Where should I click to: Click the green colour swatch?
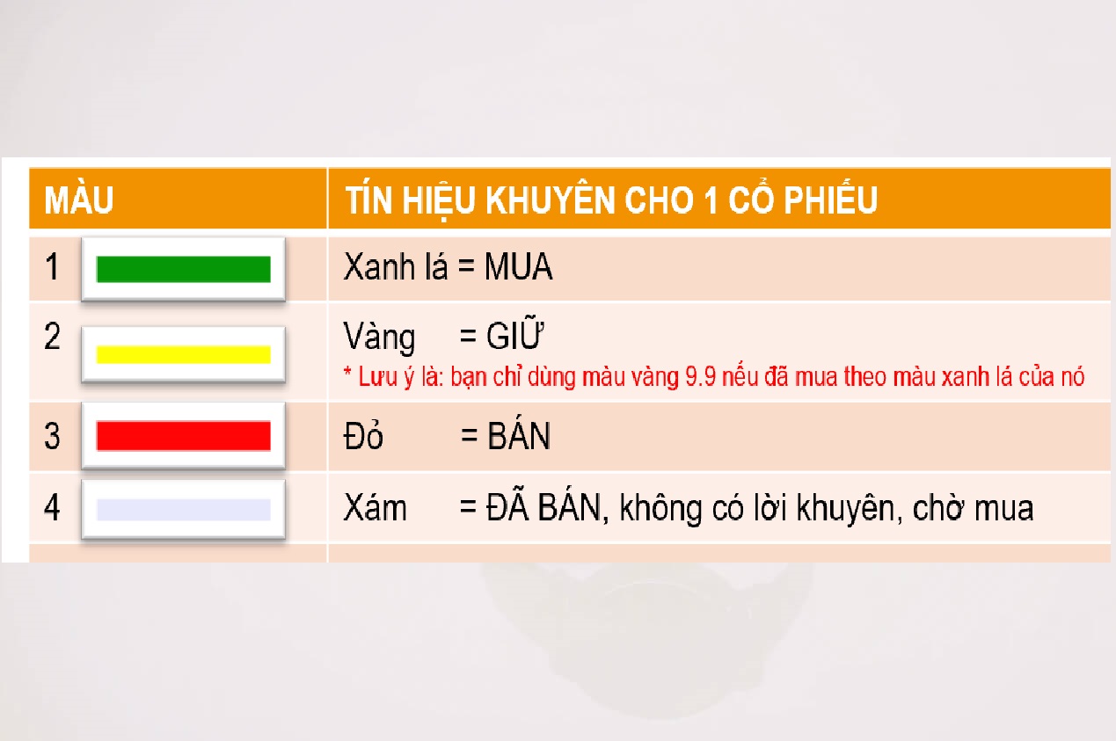click(183, 269)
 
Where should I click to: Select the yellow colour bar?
click(183, 354)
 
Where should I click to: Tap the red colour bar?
click(183, 436)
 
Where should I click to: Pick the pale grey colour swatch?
click(183, 510)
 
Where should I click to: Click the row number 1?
click(52, 266)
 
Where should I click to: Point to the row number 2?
click(52, 336)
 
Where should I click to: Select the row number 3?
click(52, 436)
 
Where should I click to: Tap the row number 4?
click(52, 507)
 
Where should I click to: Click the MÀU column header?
click(79, 200)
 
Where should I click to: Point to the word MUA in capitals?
click(518, 267)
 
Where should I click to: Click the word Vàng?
click(379, 338)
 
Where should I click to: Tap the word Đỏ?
click(363, 435)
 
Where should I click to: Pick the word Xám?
click(376, 507)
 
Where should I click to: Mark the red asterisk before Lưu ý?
click(347, 372)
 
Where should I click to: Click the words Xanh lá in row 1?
click(396, 267)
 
